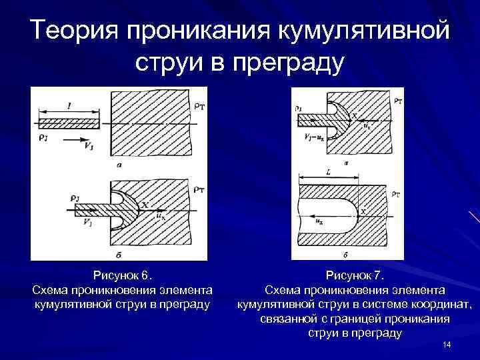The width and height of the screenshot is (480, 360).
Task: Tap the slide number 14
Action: (447, 344)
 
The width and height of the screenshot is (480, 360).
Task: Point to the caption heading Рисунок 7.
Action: (355, 275)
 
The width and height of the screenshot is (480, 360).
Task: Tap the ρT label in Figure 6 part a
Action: (198, 107)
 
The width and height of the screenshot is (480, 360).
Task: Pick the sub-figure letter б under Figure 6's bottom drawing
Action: (118, 255)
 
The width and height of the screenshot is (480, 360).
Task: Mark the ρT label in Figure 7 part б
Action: (397, 195)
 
